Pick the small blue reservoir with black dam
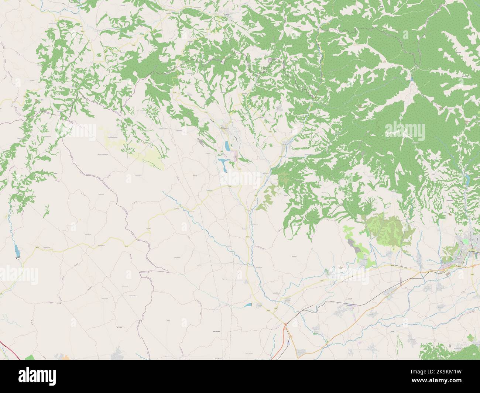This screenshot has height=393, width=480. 247,305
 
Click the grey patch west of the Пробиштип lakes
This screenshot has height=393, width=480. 200,141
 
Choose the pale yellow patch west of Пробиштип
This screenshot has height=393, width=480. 151,155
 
